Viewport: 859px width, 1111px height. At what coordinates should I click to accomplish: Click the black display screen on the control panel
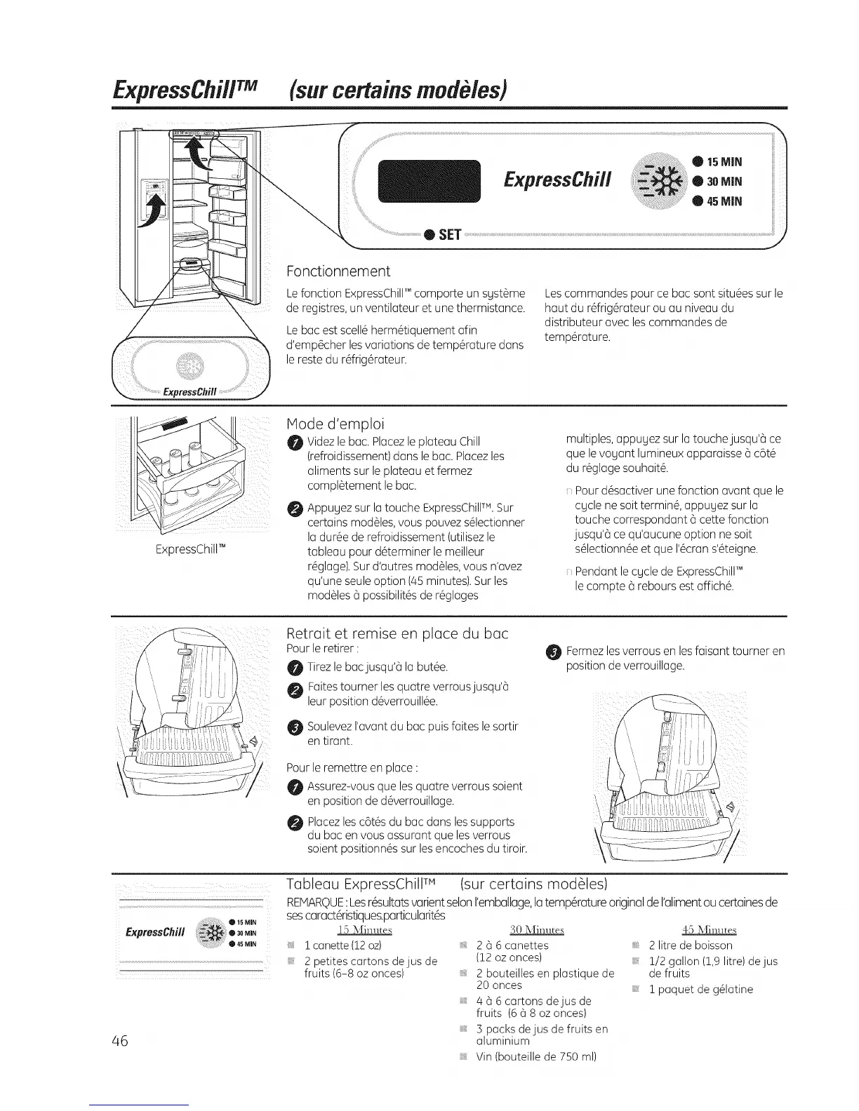[428, 181]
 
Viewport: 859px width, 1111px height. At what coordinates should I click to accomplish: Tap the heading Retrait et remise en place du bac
[398, 633]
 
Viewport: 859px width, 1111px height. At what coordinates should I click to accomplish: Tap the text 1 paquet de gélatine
[700, 989]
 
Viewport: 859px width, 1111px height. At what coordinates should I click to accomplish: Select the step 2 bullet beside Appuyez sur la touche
[294, 508]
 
